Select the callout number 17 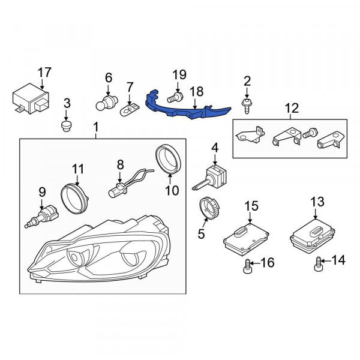coord(44,73)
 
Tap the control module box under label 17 coord(31,99)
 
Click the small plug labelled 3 coord(67,127)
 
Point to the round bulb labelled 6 coord(107,103)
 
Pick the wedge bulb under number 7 coord(130,110)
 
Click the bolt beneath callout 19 coord(175,97)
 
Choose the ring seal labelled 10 coord(169,159)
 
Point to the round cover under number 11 coord(74,199)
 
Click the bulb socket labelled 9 coord(42,217)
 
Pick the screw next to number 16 coord(247,266)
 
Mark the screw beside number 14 coord(318,264)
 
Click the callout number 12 coord(292,108)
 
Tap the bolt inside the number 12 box coord(310,133)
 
